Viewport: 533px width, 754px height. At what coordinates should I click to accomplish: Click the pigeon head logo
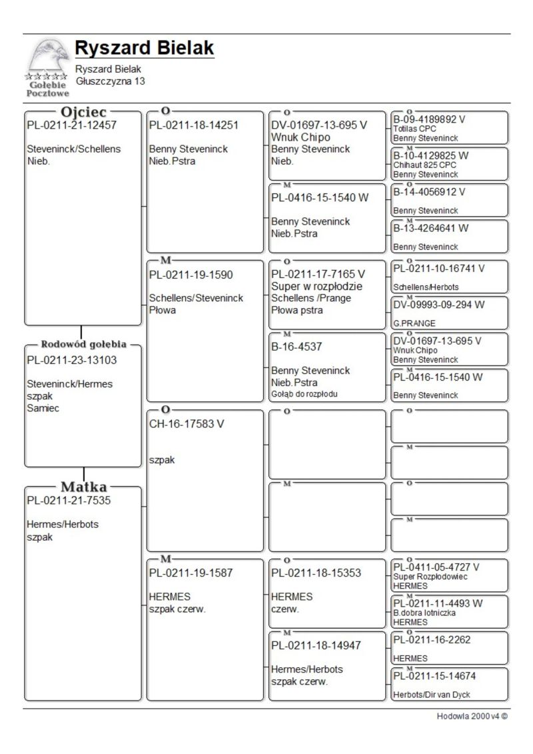48,61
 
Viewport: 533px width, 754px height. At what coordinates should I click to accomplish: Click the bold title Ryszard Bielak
144,48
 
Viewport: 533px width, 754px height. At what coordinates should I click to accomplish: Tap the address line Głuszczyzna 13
110,81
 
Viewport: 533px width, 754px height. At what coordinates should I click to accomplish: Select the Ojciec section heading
84,112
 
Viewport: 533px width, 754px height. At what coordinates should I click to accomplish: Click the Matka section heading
84,486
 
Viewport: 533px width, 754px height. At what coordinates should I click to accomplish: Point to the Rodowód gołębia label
83,345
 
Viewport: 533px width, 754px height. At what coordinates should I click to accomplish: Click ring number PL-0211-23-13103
72,360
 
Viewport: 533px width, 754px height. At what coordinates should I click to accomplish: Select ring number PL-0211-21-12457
72,125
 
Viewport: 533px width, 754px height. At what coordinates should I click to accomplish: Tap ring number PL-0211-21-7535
69,500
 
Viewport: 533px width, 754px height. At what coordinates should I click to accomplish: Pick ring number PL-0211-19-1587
191,573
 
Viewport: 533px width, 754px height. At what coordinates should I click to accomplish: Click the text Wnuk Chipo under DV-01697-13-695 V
300,137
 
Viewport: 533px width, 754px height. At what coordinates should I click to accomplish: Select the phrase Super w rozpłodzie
316,286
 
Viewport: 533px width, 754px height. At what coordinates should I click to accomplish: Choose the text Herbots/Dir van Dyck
431,695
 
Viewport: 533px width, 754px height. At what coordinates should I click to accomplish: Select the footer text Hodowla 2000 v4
472,717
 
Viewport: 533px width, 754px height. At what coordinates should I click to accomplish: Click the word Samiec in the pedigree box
43,409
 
